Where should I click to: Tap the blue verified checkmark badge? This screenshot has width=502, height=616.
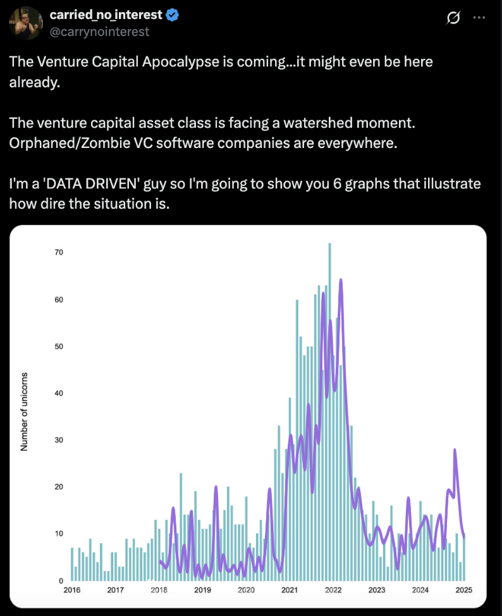tap(172, 15)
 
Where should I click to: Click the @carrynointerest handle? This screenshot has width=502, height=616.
tap(99, 31)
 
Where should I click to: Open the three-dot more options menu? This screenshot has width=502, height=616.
tap(479, 18)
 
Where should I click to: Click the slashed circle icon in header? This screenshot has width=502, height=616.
tap(453, 18)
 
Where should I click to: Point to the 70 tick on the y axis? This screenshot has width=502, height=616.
tap(59, 252)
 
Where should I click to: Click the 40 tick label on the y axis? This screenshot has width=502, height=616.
tap(59, 393)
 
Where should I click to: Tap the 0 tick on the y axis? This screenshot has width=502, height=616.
tap(61, 581)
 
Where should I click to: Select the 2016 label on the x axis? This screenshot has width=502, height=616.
tap(71, 591)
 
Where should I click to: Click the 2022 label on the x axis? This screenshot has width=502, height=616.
tap(333, 591)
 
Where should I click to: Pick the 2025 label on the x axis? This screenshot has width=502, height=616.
tap(463, 591)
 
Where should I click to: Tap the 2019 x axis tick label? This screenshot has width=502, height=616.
tap(202, 591)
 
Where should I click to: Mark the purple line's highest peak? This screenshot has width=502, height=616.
tap(341, 279)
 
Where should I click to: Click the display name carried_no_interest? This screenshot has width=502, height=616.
tap(106, 15)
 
